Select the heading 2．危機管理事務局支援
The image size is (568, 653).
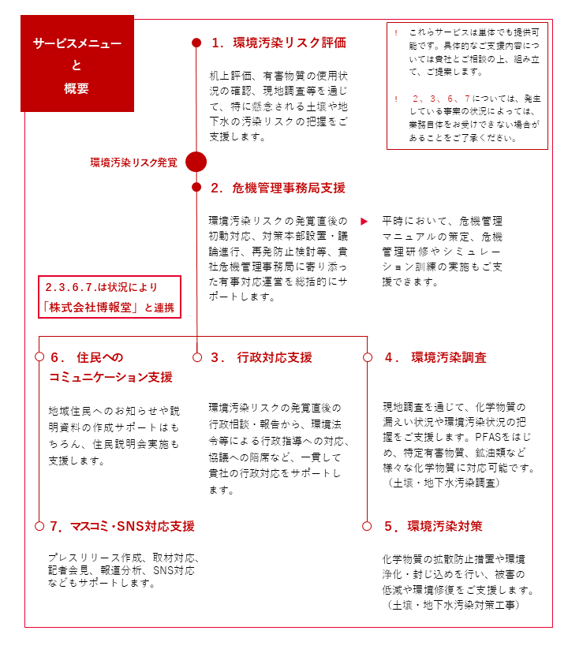[x=278, y=188]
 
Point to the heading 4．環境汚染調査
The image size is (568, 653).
[x=435, y=357]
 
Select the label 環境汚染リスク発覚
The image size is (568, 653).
[x=133, y=162]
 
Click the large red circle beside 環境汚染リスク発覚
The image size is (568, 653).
[x=196, y=162]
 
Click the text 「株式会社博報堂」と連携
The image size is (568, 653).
[x=110, y=307]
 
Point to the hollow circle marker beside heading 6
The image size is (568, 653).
[x=39, y=357]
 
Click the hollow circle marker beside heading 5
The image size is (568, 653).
[x=368, y=526]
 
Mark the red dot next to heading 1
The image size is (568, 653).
[x=196, y=43]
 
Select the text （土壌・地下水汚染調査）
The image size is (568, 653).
[x=443, y=483]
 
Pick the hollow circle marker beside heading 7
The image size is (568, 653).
[x=39, y=526]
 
